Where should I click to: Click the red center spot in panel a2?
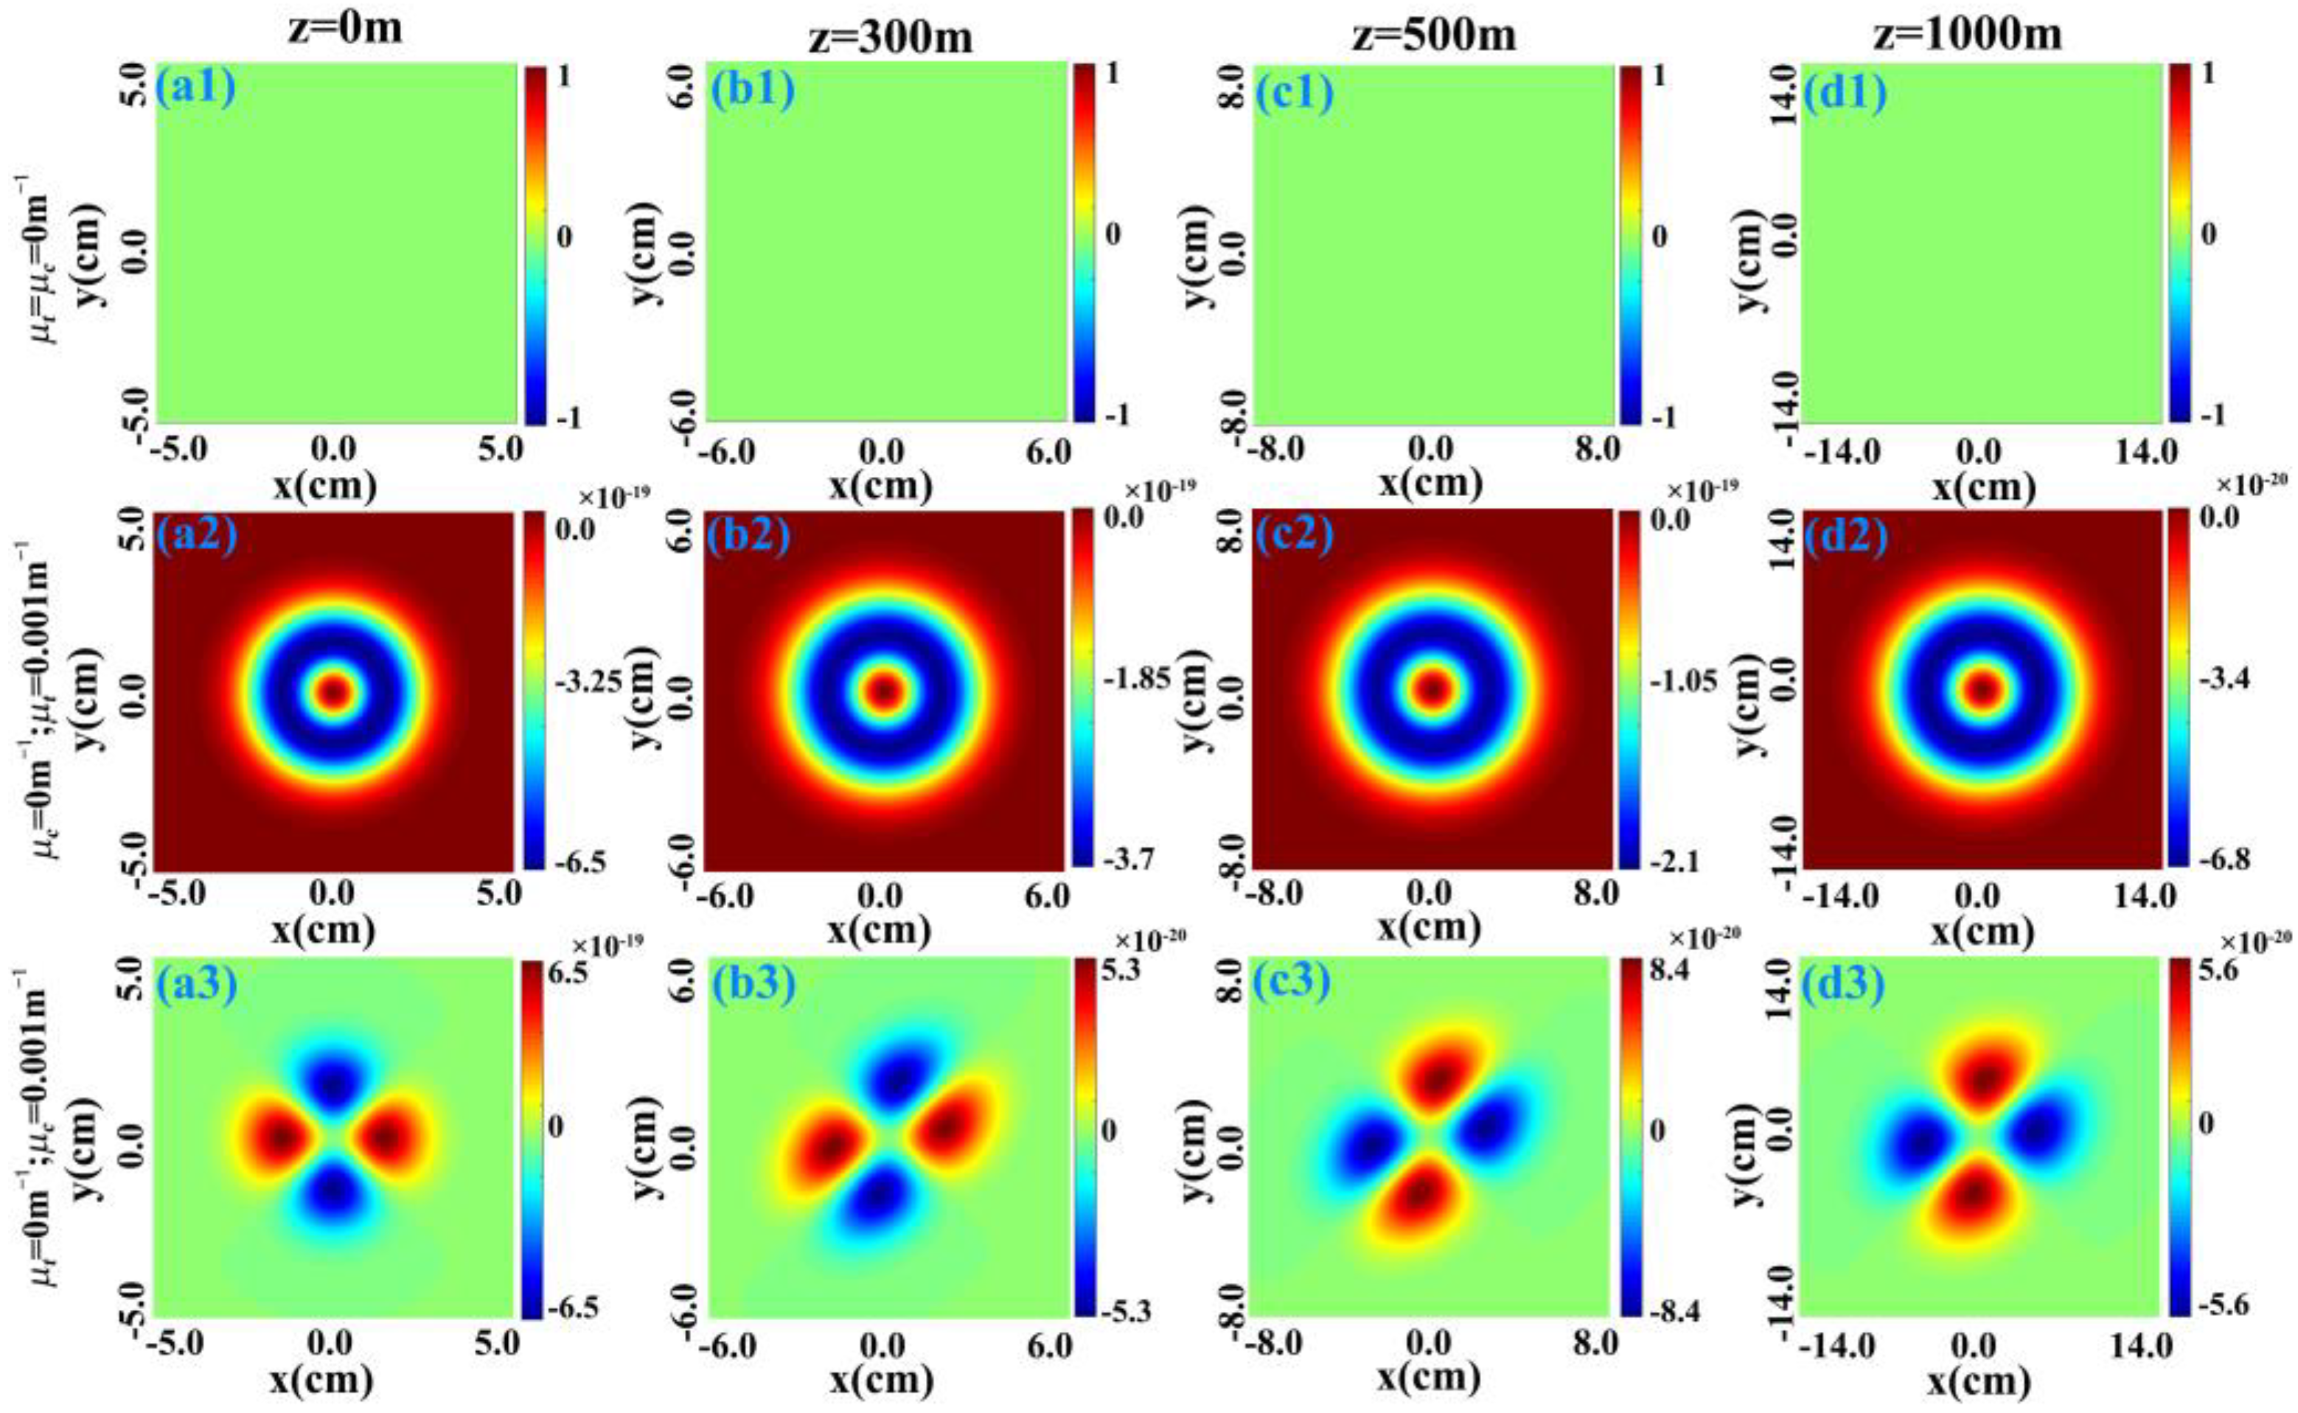(x=334, y=691)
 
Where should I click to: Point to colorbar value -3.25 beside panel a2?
(x=588, y=683)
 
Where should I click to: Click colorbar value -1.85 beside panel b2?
(x=1135, y=678)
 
